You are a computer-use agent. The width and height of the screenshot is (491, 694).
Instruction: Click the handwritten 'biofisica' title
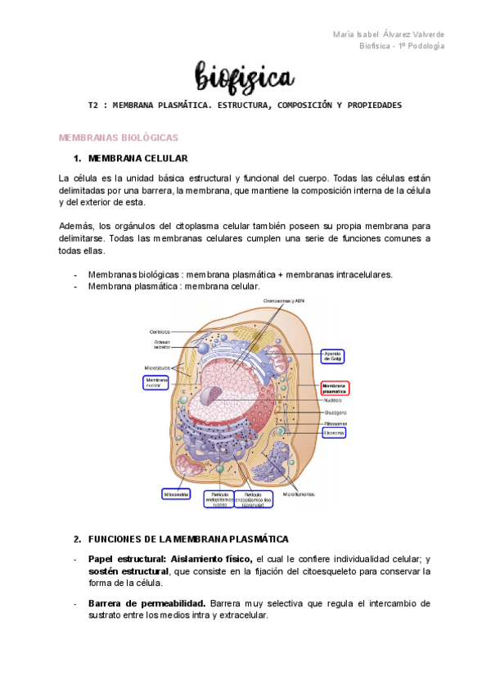pyautogui.click(x=244, y=78)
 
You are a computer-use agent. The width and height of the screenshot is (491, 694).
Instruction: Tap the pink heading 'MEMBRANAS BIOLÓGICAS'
pyautogui.click(x=118, y=137)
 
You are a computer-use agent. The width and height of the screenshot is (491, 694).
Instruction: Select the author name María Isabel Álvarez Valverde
pyautogui.click(x=390, y=34)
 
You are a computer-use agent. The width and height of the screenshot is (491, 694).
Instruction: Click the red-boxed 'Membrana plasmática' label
pyautogui.click(x=335, y=388)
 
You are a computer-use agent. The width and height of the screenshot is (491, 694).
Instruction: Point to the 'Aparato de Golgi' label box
pyautogui.click(x=333, y=356)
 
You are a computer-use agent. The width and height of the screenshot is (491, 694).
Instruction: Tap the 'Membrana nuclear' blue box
pyautogui.click(x=155, y=383)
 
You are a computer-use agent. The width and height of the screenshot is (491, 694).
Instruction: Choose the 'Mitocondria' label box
pyautogui.click(x=176, y=494)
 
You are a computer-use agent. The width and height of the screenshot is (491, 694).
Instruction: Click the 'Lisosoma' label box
pyautogui.click(x=333, y=432)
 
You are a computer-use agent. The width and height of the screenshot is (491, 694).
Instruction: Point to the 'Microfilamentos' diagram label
pyautogui.click(x=300, y=494)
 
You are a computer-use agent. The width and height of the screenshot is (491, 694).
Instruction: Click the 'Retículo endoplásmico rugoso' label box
pyautogui.click(x=219, y=499)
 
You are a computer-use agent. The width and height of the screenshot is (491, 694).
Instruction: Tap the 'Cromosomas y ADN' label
pyautogui.click(x=284, y=301)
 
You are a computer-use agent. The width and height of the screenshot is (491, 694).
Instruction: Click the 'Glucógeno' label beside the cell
pyautogui.click(x=335, y=412)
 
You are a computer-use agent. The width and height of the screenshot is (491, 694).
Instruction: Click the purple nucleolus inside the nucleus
pyautogui.click(x=212, y=399)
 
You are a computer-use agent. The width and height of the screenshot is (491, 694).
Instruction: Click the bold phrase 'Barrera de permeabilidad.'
pyautogui.click(x=146, y=603)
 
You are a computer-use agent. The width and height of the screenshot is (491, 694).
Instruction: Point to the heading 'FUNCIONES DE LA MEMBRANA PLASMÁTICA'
pyautogui.click(x=187, y=539)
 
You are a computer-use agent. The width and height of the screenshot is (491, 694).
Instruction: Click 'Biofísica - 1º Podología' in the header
pyautogui.click(x=402, y=46)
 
